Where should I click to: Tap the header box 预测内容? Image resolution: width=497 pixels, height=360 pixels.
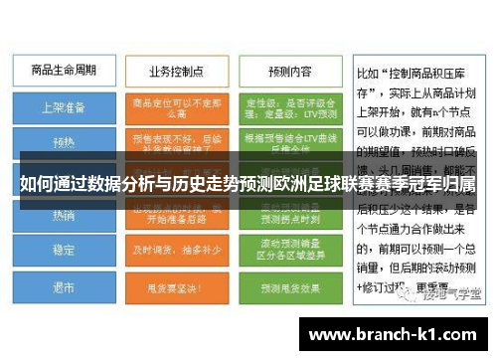[x=288, y=72]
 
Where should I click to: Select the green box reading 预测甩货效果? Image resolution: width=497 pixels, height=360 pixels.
[x=288, y=287]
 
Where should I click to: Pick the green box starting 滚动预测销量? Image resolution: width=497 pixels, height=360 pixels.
[x=288, y=251]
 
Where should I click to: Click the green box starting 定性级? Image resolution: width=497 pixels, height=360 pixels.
[x=288, y=106]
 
